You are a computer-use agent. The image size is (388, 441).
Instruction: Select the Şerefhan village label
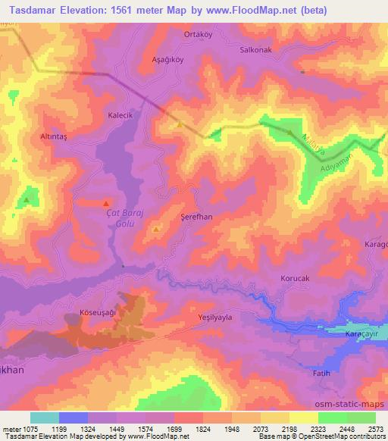click(x=196, y=216)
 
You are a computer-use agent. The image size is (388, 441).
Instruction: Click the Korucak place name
click(x=295, y=279)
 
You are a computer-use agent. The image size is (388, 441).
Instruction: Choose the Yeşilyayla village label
click(x=214, y=317)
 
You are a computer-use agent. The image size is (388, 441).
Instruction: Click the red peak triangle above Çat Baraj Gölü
click(x=105, y=204)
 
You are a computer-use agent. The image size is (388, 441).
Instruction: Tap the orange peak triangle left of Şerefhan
click(x=156, y=229)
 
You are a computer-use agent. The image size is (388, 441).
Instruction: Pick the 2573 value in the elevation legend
click(x=375, y=430)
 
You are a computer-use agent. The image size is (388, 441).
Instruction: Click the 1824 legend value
click(x=202, y=430)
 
